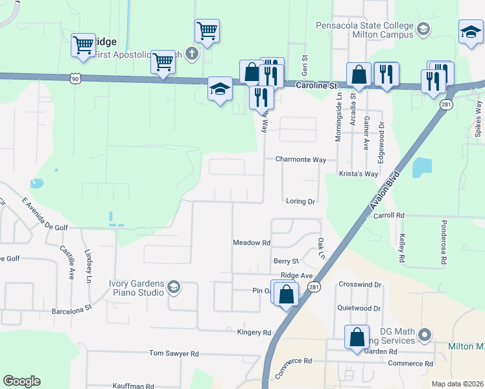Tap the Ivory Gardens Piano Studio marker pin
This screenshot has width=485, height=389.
point(173,287)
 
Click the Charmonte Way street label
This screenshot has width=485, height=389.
point(300,159)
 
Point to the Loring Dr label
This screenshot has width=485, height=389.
point(300,202)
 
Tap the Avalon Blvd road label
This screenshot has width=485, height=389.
point(382,193)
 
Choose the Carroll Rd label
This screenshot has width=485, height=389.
point(389,215)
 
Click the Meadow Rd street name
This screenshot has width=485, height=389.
point(251,242)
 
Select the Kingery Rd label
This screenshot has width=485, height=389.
point(254,333)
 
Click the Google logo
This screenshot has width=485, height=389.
point(21,381)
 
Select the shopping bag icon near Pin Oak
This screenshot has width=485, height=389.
point(286,296)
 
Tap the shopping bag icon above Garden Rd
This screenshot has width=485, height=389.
point(357,336)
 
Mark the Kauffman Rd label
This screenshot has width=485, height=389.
point(133,386)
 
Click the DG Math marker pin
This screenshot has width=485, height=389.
point(425,335)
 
